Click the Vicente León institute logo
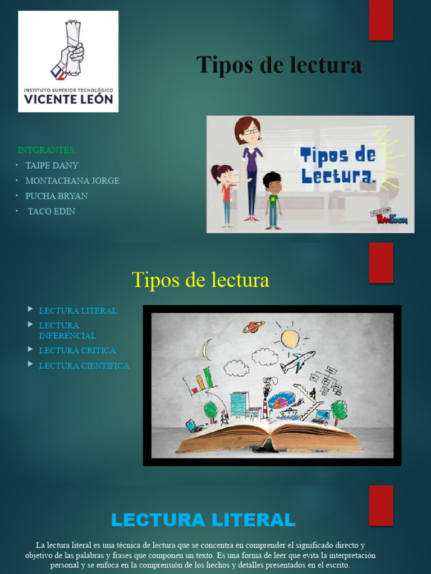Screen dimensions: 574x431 pyautogui.click(x=68, y=61)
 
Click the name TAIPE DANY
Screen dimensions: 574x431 pyautogui.click(x=52, y=165)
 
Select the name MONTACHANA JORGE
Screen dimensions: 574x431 pyautogui.click(x=72, y=180)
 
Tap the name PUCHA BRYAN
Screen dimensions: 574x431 pyautogui.click(x=56, y=196)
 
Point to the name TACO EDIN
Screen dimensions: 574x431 pyautogui.click(x=51, y=211)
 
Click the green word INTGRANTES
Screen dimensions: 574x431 pyautogui.click(x=47, y=150)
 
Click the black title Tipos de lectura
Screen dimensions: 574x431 pyautogui.click(x=279, y=65)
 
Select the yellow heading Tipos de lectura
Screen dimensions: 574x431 pyautogui.click(x=200, y=280)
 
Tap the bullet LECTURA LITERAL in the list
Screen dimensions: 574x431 pyautogui.click(x=77, y=311)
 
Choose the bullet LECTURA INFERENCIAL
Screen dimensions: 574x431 pyautogui.click(x=67, y=330)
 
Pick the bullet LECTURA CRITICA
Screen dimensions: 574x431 pyautogui.click(x=77, y=350)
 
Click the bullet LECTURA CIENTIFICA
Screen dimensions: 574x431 pyautogui.click(x=84, y=365)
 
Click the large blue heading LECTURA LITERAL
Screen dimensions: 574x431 pyautogui.click(x=203, y=520)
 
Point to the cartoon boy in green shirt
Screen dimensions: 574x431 pyautogui.click(x=273, y=200)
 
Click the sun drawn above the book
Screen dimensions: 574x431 pyautogui.click(x=290, y=338)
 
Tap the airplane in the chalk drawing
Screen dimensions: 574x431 pyautogui.click(x=297, y=362)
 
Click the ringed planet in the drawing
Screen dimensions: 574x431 pyautogui.click(x=254, y=327)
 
